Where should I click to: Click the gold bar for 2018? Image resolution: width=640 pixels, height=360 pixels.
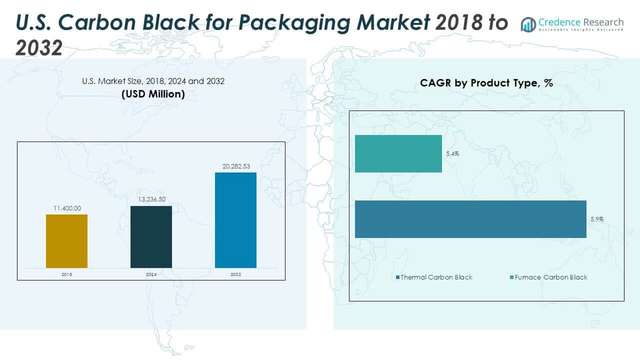(x=66, y=241)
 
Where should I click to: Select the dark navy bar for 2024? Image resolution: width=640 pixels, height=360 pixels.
(x=151, y=236)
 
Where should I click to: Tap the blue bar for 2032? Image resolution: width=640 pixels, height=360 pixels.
(x=235, y=220)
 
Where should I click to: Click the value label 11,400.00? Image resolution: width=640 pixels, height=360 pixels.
(x=66, y=207)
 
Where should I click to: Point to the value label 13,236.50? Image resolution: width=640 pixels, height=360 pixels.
(x=151, y=199)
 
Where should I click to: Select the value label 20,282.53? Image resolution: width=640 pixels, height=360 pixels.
(x=235, y=166)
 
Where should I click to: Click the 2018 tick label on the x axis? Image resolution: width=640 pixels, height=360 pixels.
(x=66, y=274)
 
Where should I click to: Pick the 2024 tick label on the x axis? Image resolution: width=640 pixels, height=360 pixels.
(x=151, y=274)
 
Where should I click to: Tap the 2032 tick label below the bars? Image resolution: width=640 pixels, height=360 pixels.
(x=235, y=274)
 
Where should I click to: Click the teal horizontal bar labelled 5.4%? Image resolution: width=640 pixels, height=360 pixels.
(x=398, y=153)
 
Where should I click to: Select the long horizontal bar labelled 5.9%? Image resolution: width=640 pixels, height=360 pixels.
(x=470, y=219)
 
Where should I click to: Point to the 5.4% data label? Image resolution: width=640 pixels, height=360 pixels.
(x=452, y=154)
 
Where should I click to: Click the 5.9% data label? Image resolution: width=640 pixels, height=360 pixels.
(x=596, y=219)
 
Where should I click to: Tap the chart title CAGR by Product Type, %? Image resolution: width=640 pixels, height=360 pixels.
(x=486, y=83)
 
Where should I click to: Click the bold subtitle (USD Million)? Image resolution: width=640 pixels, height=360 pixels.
(x=153, y=94)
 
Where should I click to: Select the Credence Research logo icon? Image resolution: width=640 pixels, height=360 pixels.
(x=528, y=24)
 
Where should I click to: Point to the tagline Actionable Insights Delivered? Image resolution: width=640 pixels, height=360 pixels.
(x=581, y=30)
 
